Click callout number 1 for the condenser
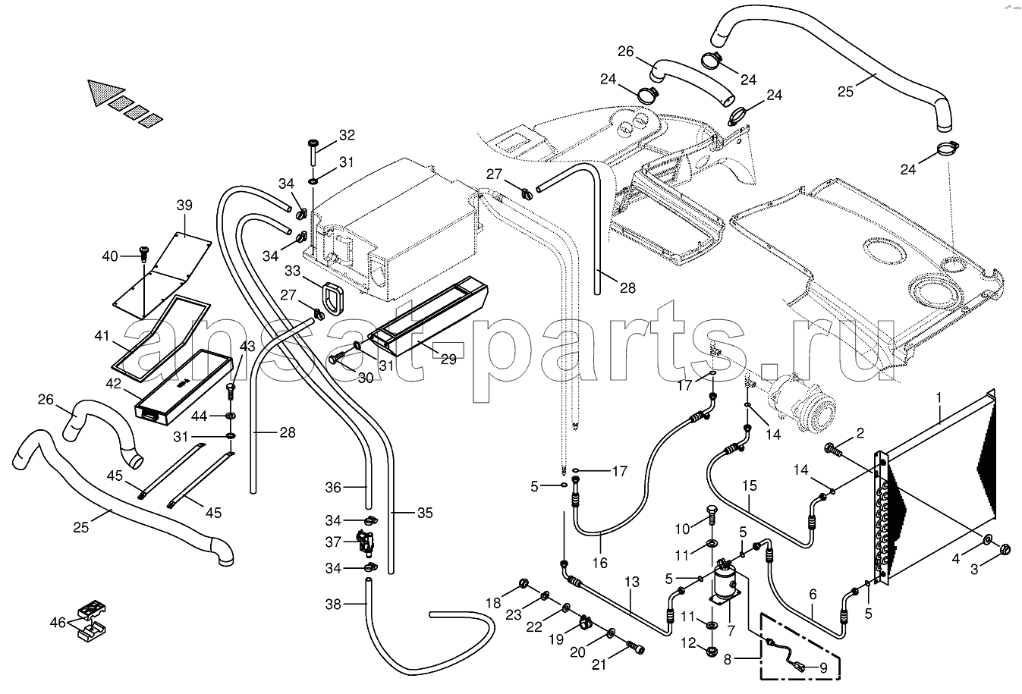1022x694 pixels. (939, 397)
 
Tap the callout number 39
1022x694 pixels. (184, 206)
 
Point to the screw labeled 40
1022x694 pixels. (143, 254)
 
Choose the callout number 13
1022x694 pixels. (632, 581)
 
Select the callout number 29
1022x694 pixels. (448, 359)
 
